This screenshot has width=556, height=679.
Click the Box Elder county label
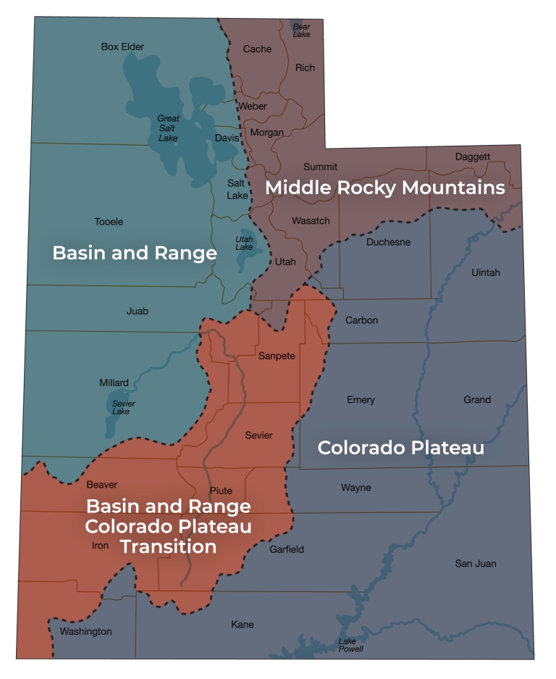pos(122,47)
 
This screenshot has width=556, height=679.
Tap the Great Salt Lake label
pos(168,128)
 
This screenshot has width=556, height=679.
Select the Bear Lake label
pos(301,30)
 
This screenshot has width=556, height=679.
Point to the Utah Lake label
pos(244,243)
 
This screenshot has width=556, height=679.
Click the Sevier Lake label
pos(123,407)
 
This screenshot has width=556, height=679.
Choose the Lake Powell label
pos(351,645)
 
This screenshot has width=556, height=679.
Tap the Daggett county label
pos(473,157)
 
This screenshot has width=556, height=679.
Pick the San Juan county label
pos(476,563)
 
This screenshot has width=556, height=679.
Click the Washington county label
pos(85,631)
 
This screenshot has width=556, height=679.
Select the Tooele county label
pos(109,222)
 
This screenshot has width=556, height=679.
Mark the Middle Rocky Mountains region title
pos(384,188)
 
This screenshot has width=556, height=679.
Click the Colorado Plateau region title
pos(400,448)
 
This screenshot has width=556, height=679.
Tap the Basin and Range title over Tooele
pos(135,253)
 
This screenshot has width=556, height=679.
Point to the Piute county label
pos(221,491)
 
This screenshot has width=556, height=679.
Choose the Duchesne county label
pos(388,242)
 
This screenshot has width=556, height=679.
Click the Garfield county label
pos(287,549)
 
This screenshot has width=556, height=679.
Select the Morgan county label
pos(266,133)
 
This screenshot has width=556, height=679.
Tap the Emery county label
pos(361,400)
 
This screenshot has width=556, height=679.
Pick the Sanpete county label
pos(277,356)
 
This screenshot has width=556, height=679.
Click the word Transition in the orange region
pos(168,546)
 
